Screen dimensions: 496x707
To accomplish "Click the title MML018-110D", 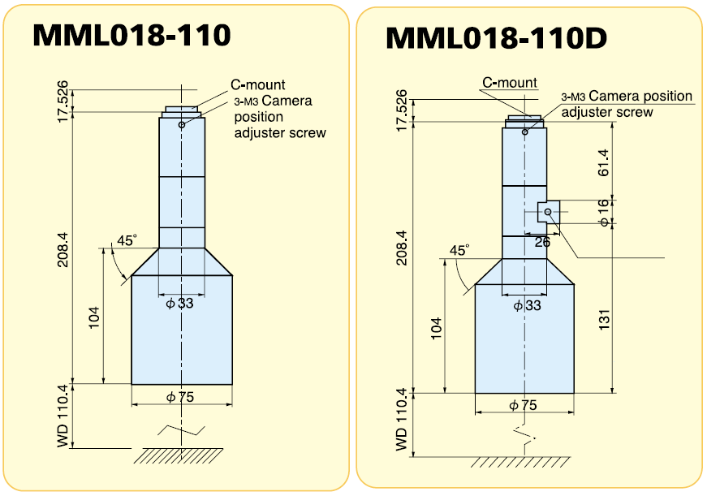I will (x=496, y=37).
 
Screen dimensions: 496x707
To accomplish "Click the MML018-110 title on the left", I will (x=131, y=35).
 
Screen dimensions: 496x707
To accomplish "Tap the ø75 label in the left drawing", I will (x=182, y=397).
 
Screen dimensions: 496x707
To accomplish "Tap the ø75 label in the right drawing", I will (x=523, y=405).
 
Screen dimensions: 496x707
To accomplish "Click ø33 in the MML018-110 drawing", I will (x=180, y=304).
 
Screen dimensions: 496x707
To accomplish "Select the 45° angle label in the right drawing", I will (x=459, y=251).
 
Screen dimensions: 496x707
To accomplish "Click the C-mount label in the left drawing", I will (x=258, y=84).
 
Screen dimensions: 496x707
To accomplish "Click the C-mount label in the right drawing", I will (x=510, y=83).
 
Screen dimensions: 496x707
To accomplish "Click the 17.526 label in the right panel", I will (x=402, y=110).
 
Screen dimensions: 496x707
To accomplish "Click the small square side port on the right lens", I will (x=549, y=212).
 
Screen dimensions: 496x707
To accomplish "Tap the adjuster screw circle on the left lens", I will (x=183, y=124).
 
